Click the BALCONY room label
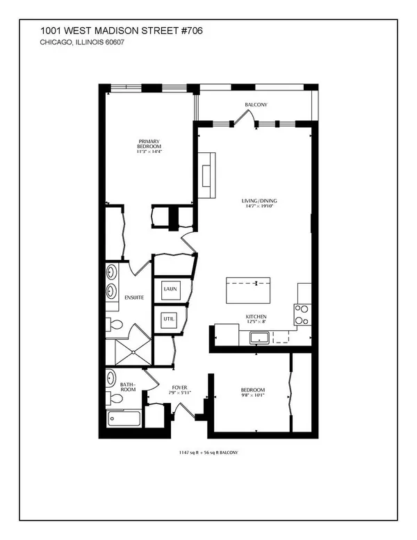click(x=256, y=105)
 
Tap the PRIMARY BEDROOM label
click(x=149, y=144)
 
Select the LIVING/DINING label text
click(x=259, y=201)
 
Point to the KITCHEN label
click(x=256, y=316)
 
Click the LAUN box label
click(x=170, y=289)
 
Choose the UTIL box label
click(x=169, y=319)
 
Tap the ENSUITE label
click(x=134, y=297)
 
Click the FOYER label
click(x=180, y=387)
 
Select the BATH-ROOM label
click(x=128, y=386)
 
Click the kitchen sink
click(x=261, y=338)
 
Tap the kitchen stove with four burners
click(x=302, y=314)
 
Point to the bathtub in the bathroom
click(x=124, y=419)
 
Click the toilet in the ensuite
click(x=114, y=325)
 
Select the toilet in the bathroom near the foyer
click(x=114, y=398)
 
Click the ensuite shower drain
click(x=133, y=352)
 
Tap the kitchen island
click(x=248, y=291)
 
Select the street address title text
click(x=122, y=31)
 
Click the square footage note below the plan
click(x=208, y=452)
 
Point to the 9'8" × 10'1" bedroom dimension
click(x=253, y=395)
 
